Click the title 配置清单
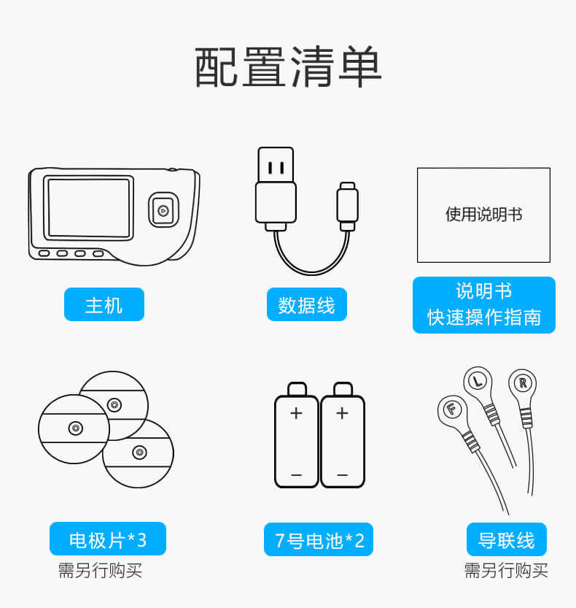coord(288,66)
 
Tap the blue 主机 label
coord(104,304)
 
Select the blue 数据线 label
coord(307,304)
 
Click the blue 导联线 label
coord(507,539)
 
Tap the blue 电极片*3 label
coord(108,539)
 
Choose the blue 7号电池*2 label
coord(319,539)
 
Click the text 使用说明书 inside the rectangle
coord(484,215)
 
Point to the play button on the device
coord(163,210)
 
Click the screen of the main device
coord(89,208)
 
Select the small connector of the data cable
coord(348,206)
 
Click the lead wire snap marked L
coord(478,381)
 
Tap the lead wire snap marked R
coord(523,383)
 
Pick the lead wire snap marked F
coord(452,409)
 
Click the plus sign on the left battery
coord(296,413)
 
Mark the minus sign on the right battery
coord(343,475)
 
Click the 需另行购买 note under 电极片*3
coord(100,570)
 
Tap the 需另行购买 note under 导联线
coord(506,570)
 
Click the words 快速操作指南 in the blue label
coord(484,318)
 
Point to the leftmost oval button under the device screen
coord(44,253)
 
